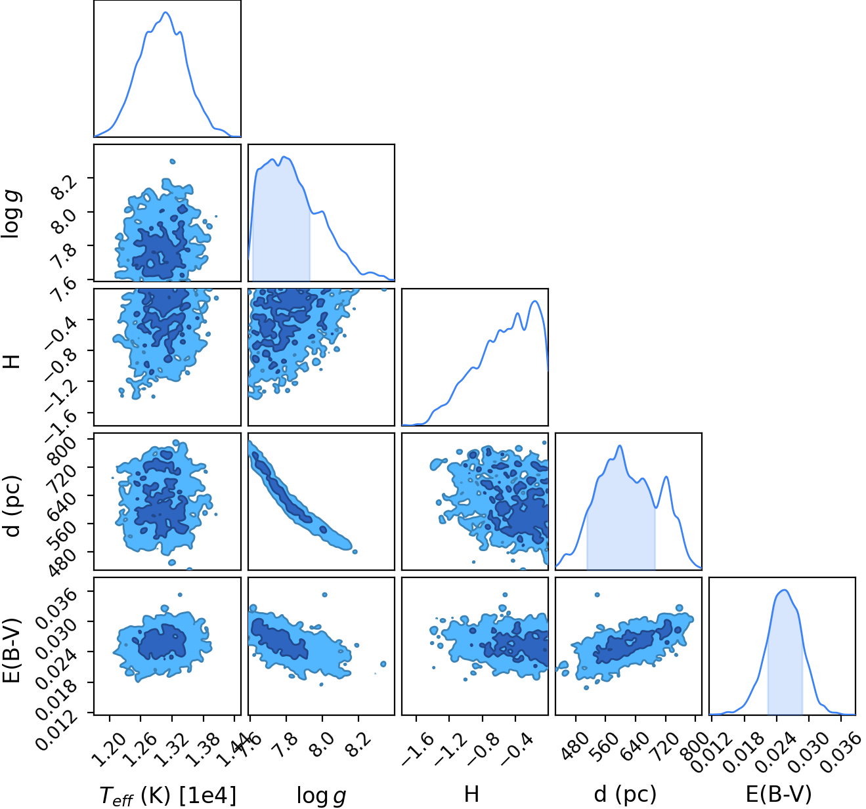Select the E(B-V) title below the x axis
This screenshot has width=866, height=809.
(779, 793)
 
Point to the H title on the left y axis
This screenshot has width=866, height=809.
(12, 361)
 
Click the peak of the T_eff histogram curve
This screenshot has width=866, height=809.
(165, 12)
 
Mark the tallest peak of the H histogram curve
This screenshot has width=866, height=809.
(535, 301)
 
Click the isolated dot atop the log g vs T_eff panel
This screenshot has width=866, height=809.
(172, 161)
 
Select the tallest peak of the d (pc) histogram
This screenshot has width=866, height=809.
(620, 446)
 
